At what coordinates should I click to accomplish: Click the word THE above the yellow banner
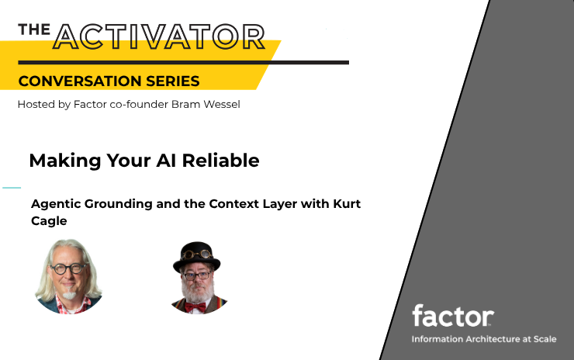[x=34, y=29]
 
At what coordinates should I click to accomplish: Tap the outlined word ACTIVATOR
[x=159, y=36]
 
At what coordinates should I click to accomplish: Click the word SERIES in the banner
[x=173, y=81]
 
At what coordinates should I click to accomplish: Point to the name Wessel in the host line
[x=222, y=105]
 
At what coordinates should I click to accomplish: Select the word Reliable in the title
[x=221, y=161]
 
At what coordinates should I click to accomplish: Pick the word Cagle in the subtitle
[x=49, y=221]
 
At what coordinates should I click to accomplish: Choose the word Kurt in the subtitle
[x=347, y=203]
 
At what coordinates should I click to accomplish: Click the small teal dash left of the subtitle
[x=12, y=188]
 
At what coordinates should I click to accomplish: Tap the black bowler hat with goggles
[x=196, y=257]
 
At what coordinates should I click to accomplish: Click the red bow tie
[x=195, y=307]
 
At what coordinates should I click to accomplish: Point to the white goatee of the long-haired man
[x=69, y=295]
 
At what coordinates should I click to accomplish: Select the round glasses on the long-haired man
[x=68, y=268]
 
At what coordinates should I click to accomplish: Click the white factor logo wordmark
[x=453, y=316]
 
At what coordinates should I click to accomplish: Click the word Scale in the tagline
[x=545, y=339]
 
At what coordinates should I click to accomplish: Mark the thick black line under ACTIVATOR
[x=183, y=63]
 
